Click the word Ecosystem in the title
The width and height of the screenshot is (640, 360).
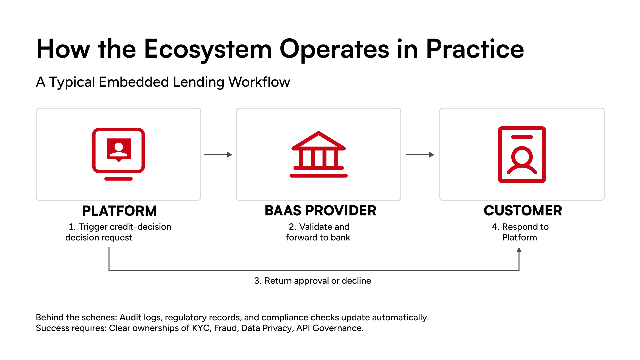208,49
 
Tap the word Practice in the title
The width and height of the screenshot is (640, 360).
475,49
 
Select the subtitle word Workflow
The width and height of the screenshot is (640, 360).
259,82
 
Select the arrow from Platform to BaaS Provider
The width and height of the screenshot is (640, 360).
218,155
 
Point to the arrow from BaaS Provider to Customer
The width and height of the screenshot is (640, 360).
420,155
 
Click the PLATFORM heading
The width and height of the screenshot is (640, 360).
119,211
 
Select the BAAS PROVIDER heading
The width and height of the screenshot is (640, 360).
320,211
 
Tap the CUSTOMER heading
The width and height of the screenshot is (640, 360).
523,211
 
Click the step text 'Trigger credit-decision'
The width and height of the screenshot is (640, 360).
125,227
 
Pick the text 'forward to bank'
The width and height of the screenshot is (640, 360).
318,238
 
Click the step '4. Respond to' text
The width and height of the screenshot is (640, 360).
520,227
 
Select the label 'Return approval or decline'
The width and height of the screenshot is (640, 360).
317,281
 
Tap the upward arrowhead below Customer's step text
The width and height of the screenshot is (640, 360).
519,250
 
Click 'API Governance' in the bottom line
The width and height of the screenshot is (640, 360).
329,328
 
